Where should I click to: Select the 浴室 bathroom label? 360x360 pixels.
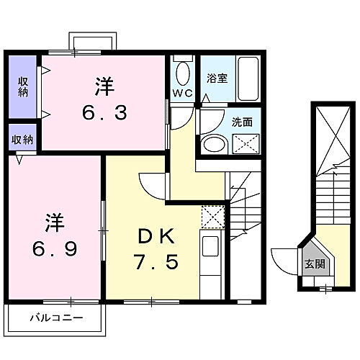[217, 78]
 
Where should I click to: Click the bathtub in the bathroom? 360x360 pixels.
[247, 80]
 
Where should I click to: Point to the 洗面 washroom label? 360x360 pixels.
[242, 122]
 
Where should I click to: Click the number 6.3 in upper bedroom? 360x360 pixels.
[105, 113]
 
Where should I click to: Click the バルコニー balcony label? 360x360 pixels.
[55, 317]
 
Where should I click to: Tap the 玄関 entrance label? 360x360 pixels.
[314, 264]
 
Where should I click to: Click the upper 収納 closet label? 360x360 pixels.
[22, 86]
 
